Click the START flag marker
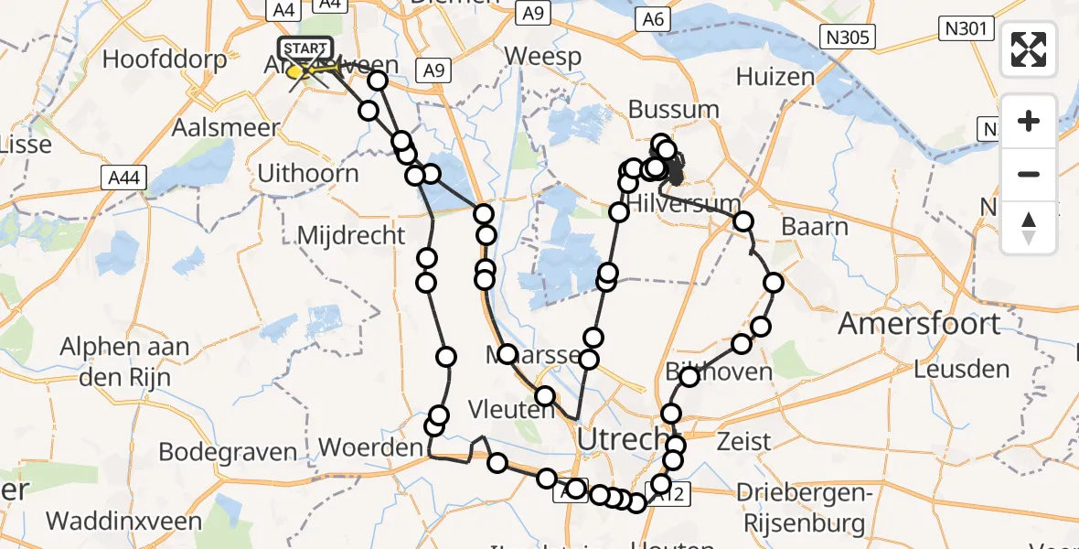(305, 48)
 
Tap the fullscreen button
(1029, 49)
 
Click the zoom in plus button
(1029, 122)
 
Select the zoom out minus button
(1029, 174)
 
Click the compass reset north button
(1029, 227)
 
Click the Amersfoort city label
(919, 323)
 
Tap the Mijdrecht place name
(351, 235)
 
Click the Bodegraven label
(228, 452)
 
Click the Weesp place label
(543, 57)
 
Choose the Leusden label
(961, 370)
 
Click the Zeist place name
(745, 441)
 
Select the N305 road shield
(848, 37)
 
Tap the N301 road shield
(965, 29)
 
